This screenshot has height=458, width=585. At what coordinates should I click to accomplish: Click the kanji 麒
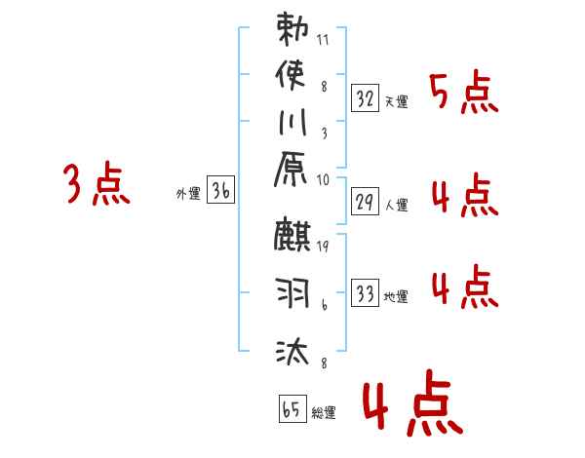click(292, 237)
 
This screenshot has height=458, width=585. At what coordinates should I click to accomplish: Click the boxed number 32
click(366, 98)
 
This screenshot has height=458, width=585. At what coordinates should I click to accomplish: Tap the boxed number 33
click(366, 294)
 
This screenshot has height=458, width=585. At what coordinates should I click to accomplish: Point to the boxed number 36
click(220, 191)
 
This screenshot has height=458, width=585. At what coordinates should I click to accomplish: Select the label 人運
click(397, 206)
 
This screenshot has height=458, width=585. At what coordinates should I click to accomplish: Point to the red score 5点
click(464, 95)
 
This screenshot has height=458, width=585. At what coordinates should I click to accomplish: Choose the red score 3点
click(97, 185)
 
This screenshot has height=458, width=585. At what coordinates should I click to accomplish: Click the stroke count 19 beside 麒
click(323, 247)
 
